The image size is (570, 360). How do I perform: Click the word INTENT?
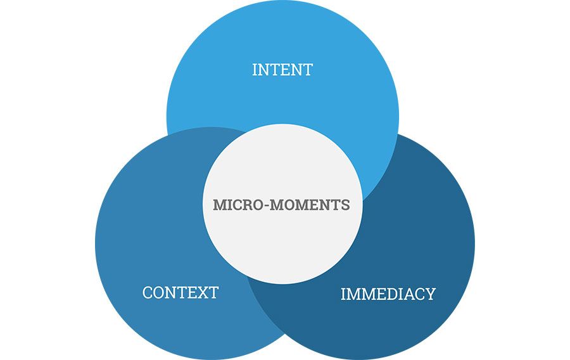pyautogui.click(x=282, y=69)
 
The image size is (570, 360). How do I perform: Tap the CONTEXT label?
pyautogui.click(x=180, y=293)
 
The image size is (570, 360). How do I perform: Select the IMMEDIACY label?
pyautogui.click(x=388, y=294)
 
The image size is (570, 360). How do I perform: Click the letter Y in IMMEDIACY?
pyautogui.click(x=429, y=294)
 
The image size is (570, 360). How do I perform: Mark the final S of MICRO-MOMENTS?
pyautogui.click(x=346, y=205)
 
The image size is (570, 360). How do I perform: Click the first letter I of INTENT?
pyautogui.click(x=255, y=69)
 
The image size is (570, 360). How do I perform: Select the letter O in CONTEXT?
pyautogui.click(x=160, y=293)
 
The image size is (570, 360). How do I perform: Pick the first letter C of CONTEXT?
pyautogui.click(x=148, y=293)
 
